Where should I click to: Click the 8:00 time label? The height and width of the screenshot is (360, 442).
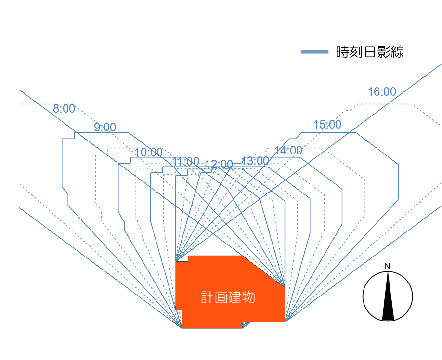(64, 108)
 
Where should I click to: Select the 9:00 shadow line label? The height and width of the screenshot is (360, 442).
(105, 128)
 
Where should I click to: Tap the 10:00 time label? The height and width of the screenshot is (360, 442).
(149, 153)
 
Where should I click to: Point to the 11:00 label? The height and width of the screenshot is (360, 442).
(186, 162)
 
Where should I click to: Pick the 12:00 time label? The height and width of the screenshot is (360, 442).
(219, 164)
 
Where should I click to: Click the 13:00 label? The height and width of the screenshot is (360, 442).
(255, 161)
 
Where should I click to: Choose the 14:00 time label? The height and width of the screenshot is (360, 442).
(288, 151)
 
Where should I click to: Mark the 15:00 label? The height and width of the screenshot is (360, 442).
(327, 125)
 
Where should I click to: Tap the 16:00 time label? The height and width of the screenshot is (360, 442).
(382, 92)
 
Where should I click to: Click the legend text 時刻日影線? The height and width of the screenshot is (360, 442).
(370, 52)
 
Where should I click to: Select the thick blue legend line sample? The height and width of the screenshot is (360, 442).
(314, 51)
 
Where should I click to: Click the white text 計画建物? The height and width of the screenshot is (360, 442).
(228, 297)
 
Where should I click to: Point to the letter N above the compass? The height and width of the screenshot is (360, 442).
(387, 266)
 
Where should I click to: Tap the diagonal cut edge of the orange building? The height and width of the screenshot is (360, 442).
(263, 271)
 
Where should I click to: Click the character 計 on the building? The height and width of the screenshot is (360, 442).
(207, 297)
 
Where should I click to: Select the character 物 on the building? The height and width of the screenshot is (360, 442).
(248, 297)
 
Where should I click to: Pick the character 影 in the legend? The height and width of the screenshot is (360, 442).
(384, 52)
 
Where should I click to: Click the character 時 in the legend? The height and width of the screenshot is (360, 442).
(342, 52)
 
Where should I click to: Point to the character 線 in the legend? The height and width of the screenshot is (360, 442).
(397, 52)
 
